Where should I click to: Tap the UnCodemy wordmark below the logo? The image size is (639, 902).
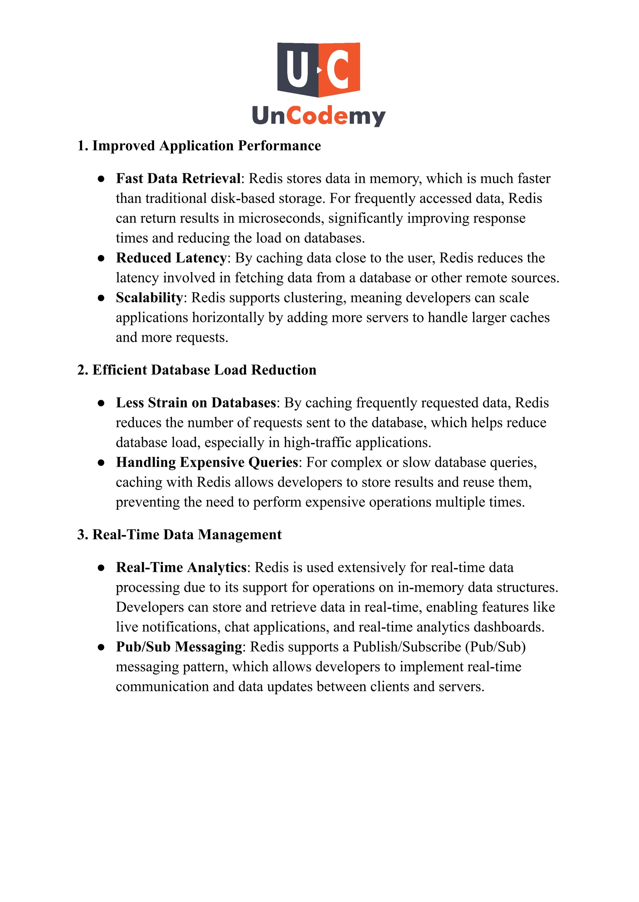pos(319,116)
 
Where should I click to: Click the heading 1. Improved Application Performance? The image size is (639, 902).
pos(199,146)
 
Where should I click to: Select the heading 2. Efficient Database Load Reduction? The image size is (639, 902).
pos(197,370)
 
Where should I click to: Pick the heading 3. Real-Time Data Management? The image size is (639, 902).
pos(179,535)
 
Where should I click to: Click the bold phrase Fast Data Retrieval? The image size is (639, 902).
pos(178,179)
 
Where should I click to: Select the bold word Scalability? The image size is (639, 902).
pos(149,298)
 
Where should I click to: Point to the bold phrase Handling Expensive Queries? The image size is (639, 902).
pos(207,462)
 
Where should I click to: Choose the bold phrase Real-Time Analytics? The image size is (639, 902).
pos(181,567)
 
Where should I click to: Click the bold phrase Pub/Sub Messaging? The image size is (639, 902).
pos(179,647)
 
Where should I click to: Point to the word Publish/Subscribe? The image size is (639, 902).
pos(407,647)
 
